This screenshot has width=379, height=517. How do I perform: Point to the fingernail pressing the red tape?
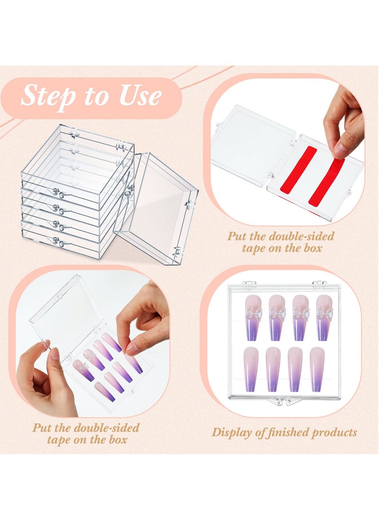point(340,151)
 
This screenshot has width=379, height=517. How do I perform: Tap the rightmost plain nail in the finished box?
point(317,369)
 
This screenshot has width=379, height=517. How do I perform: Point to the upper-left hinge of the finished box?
point(249,284)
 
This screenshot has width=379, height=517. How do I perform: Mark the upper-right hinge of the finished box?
point(319,284)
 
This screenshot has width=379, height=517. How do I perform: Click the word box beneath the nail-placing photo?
point(117,439)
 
